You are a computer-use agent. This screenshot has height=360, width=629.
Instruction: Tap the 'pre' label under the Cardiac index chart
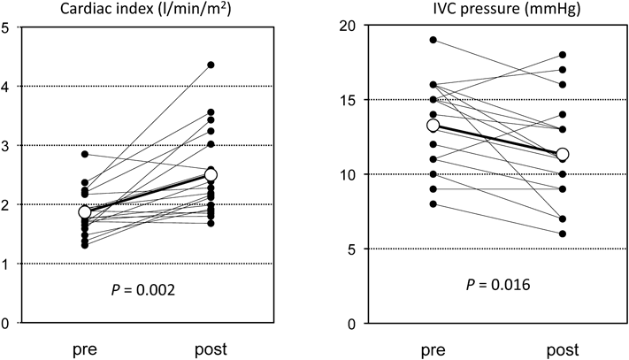85,349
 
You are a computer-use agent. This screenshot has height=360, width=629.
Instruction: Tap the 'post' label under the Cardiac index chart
210,349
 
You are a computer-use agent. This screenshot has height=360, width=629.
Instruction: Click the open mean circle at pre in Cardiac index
85,212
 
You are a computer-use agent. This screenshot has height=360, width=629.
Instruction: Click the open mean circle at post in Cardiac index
211,175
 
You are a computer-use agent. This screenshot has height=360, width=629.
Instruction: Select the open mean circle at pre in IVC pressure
433,126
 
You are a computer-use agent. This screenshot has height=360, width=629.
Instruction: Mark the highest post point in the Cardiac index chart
211,65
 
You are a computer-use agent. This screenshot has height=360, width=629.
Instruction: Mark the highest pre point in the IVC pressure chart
433,40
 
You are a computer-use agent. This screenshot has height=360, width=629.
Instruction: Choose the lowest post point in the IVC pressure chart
562,234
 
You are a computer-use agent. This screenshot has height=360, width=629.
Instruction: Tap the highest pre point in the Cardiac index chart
85,154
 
